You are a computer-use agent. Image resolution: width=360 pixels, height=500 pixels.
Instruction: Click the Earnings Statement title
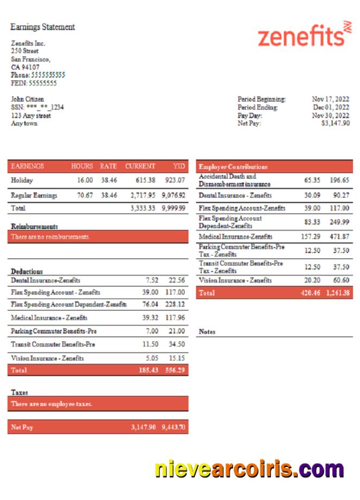[x=42, y=27]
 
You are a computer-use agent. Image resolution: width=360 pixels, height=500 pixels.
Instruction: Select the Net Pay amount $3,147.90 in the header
[x=335, y=123]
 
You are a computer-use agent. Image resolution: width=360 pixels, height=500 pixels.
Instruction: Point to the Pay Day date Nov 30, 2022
[x=330, y=116]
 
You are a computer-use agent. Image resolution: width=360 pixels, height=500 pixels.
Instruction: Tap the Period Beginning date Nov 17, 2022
[x=330, y=99]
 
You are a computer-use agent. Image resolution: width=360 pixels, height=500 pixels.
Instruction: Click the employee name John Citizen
[x=28, y=99]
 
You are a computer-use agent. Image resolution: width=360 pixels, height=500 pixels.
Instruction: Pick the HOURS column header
[x=82, y=166]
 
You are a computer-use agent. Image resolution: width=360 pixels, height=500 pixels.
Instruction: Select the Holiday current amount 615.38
[x=143, y=180]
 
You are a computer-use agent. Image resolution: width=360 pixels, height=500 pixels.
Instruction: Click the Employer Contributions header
[x=233, y=167]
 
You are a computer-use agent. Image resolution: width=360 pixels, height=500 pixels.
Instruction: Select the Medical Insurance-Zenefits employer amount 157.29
[x=310, y=237]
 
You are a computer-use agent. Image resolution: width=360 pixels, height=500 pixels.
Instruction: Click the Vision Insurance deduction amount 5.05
[x=152, y=358]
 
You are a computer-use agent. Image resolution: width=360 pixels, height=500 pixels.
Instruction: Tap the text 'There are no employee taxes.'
[x=52, y=404]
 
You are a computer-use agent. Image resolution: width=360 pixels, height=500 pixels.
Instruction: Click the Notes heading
[x=207, y=332]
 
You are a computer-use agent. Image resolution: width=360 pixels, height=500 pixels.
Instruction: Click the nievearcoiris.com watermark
[x=249, y=469]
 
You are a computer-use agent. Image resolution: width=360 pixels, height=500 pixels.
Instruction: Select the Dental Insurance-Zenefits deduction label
[x=46, y=280]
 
